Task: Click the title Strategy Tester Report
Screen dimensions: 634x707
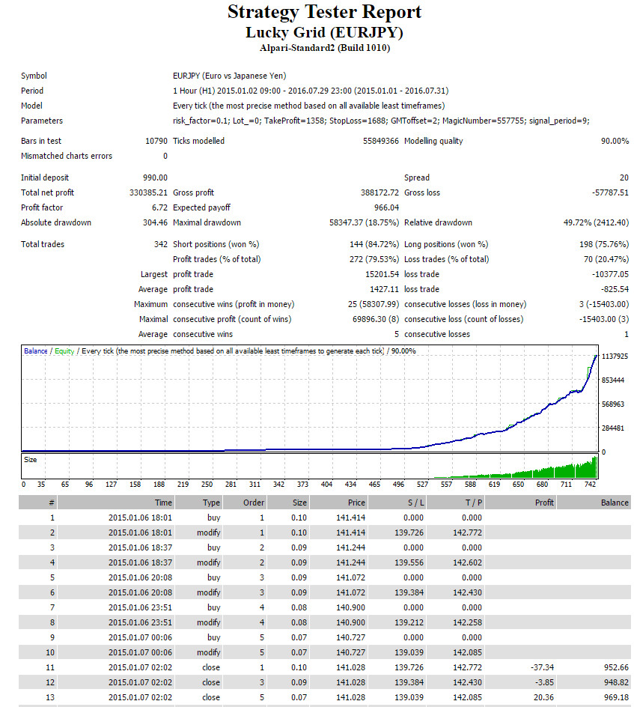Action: [324, 12]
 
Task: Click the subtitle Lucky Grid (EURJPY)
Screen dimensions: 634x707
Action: [324, 32]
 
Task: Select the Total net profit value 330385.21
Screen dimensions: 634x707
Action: [148, 192]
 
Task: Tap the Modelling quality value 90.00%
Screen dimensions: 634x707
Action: [615, 141]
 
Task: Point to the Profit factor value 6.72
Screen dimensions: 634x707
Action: [159, 207]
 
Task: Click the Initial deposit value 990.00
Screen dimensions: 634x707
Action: [155, 177]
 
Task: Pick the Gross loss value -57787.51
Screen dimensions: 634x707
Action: [610, 192]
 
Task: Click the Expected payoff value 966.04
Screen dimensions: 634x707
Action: [386, 207]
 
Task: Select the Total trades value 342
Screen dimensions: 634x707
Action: [161, 244]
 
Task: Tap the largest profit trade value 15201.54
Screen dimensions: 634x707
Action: [382, 274]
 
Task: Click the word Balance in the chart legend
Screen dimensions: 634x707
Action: [36, 351]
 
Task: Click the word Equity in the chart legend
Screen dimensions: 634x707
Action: [64, 351]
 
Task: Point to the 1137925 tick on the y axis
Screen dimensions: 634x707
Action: [615, 356]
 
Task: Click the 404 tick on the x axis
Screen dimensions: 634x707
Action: [326, 485]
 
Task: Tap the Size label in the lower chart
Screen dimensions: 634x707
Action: [30, 460]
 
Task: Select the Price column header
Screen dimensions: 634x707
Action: [356, 503]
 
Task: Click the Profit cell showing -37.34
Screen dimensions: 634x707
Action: [542, 667]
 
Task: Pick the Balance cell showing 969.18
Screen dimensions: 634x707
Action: [616, 697]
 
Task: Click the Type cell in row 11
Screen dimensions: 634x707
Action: [211, 667]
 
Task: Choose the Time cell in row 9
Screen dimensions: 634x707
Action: [140, 637]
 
